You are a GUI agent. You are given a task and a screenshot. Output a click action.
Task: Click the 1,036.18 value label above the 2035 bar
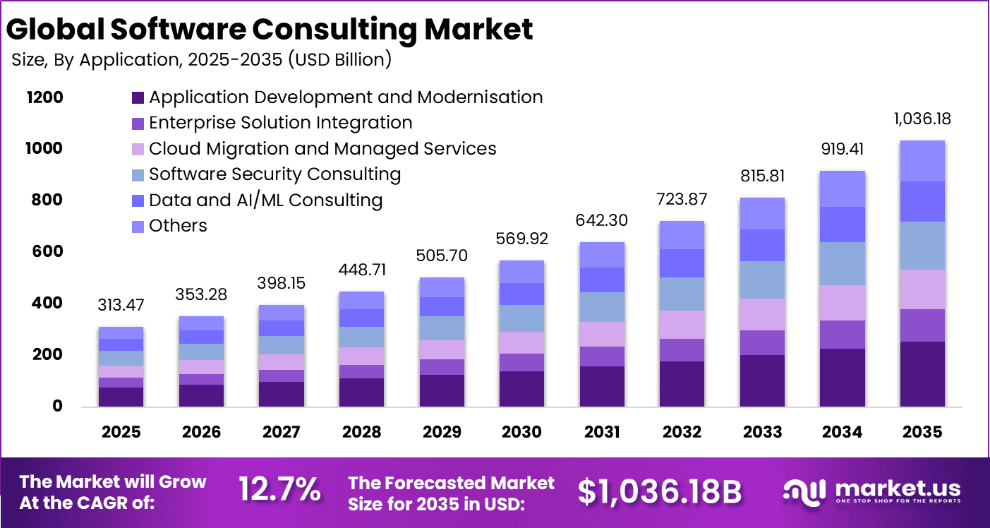922,119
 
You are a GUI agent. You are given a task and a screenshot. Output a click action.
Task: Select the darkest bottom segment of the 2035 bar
922,373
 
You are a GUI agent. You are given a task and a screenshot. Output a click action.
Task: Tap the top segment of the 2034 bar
843,188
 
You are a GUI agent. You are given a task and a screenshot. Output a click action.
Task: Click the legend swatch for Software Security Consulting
138,174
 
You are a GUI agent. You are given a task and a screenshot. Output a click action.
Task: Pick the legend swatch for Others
138,226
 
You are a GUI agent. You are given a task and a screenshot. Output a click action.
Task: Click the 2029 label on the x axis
442,432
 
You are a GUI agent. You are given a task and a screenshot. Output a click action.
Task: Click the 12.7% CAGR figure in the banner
279,489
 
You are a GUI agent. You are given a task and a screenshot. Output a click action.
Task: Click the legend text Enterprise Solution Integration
280,122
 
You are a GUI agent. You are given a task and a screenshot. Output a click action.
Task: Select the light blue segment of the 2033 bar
762,280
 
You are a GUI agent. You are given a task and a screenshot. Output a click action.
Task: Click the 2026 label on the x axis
201,432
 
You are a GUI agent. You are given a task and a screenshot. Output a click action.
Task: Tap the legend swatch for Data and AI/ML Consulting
138,200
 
